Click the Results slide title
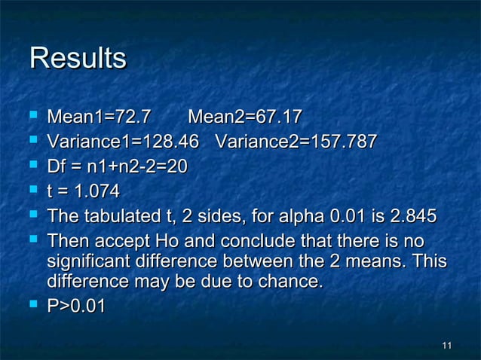(77, 59)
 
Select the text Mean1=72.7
(99, 117)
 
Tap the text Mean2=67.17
(245, 117)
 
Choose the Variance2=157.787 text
(296, 142)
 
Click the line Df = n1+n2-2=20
(117, 167)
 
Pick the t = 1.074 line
(83, 192)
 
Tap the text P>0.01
(77, 307)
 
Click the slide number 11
(446, 346)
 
